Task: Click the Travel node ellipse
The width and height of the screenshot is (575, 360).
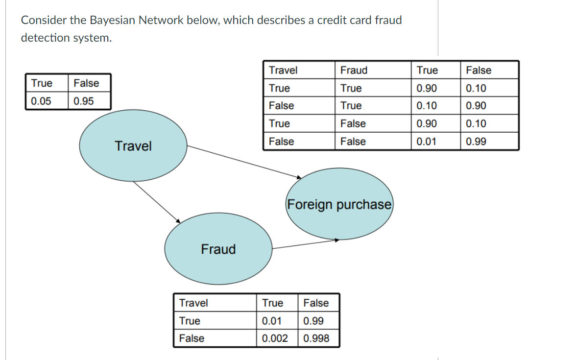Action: (133, 146)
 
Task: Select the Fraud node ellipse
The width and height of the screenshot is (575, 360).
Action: (218, 249)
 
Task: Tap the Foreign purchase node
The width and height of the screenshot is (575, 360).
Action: (339, 204)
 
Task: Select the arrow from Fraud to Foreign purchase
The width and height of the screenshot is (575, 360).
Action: (304, 243)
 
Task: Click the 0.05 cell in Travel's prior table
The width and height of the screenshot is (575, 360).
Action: (41, 101)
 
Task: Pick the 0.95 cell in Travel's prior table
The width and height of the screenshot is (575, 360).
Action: (84, 101)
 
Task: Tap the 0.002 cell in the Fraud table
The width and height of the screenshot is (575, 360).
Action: (275, 338)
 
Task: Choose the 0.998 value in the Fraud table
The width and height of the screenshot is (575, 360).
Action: (316, 338)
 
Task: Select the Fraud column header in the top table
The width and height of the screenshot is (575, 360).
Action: (354, 70)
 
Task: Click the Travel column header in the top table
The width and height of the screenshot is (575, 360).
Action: (283, 70)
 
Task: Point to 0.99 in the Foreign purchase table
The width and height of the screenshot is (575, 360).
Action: (476, 142)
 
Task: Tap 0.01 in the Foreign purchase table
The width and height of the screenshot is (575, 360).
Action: (426, 142)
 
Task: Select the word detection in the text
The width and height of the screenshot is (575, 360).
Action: (45, 38)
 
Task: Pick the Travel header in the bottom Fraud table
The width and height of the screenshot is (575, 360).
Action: (193, 303)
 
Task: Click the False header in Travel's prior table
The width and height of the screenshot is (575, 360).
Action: (86, 83)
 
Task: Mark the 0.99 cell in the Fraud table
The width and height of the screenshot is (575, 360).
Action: (313, 321)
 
